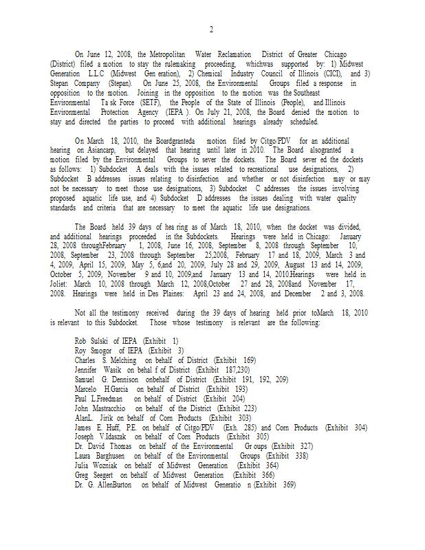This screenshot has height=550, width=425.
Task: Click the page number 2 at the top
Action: tap(211, 30)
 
